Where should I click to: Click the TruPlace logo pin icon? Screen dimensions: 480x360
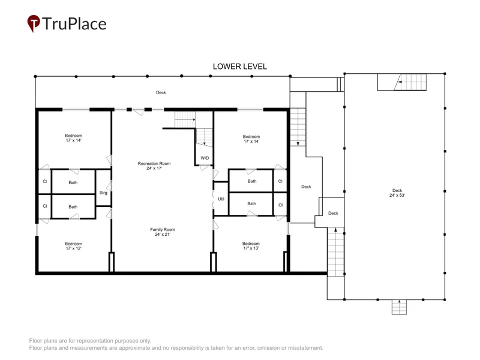(x=34, y=23)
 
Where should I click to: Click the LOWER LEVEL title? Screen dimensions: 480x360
(x=239, y=67)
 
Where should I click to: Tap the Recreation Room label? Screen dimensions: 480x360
(x=154, y=163)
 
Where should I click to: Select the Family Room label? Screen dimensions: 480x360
(x=163, y=230)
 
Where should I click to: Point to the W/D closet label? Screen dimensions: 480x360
(x=205, y=158)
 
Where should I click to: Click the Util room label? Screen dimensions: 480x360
(x=221, y=199)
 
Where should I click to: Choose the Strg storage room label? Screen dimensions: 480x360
(x=103, y=193)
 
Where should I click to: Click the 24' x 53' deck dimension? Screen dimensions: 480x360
(x=397, y=196)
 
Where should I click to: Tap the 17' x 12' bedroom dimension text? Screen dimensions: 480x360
(x=73, y=248)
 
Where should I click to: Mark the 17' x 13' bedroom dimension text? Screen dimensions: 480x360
(x=251, y=248)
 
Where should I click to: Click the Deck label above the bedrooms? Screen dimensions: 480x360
(x=161, y=92)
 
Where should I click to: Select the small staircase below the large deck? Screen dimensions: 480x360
(x=399, y=307)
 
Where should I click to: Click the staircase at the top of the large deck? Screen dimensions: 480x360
(x=401, y=82)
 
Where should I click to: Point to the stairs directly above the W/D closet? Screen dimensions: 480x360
(x=204, y=137)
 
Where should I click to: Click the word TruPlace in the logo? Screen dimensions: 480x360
(x=74, y=24)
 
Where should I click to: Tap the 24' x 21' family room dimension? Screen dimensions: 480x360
(x=163, y=235)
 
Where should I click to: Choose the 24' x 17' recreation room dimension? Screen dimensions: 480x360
(x=154, y=169)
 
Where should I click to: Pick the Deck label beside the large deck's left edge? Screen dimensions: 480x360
(x=333, y=214)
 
